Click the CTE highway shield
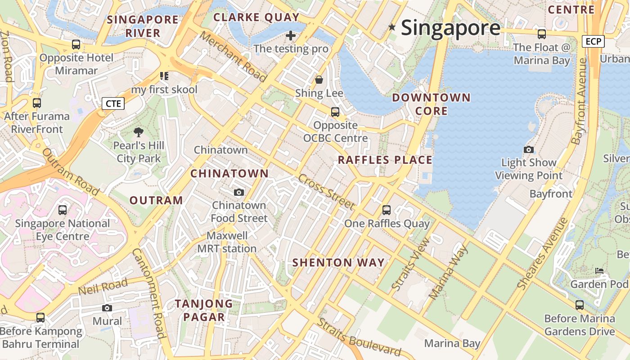coord(113,104)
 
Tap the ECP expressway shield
coord(594,42)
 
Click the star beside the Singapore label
coord(392,27)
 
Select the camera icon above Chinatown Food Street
coord(239,193)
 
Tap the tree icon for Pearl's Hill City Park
coord(139,132)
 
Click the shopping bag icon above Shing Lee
coord(319,80)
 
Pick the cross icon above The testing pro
coord(291,35)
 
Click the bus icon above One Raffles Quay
coord(386,210)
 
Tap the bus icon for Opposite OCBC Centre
coord(335,112)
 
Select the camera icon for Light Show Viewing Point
coord(529,149)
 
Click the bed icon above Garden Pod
coord(599,271)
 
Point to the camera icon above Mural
coord(107,308)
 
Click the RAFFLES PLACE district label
coord(385,160)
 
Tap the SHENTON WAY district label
coord(338,263)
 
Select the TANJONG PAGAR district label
coord(204,310)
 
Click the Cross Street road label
coord(326,191)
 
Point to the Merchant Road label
coord(233,57)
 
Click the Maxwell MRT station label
coord(227,242)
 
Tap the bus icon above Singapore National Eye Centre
coord(63,210)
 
